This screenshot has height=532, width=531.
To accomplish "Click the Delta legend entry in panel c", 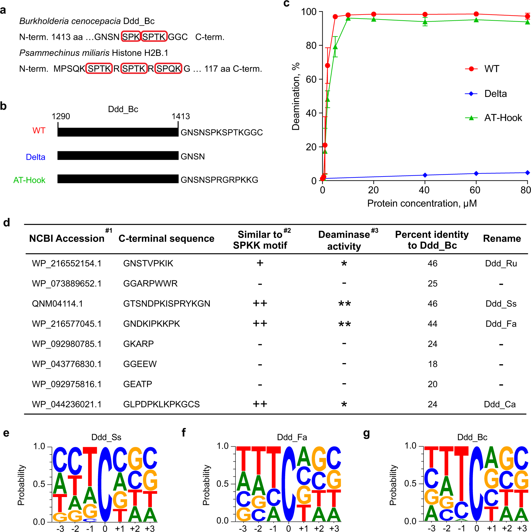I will (495, 94).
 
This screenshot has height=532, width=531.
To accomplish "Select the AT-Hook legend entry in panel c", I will (503, 118).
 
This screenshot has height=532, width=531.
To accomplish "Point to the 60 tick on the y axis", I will (311, 79).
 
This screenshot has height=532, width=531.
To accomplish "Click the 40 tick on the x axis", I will (424, 190).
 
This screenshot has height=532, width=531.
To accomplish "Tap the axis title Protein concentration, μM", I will (422, 203).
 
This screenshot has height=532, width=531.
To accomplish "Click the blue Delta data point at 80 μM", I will (527, 173).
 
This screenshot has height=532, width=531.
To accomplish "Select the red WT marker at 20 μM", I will (374, 14).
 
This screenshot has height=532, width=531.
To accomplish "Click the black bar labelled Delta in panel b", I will (118, 156).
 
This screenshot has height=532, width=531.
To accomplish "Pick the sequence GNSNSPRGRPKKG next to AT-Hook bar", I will (219, 180).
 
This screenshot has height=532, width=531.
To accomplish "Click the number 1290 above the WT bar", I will (61, 116).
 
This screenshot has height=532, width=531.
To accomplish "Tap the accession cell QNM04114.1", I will (57, 304).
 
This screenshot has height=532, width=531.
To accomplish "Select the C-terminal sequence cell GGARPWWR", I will (150, 283).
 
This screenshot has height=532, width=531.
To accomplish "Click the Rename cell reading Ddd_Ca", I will (500, 404).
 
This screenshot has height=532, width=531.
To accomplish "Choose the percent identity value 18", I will (432, 364).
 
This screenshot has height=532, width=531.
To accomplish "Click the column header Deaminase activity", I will (344, 240).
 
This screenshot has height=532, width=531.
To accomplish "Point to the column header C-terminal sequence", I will (166, 239).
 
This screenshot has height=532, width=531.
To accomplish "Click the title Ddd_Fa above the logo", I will (292, 437).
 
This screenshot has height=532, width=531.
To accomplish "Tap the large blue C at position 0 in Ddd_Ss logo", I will (105, 485).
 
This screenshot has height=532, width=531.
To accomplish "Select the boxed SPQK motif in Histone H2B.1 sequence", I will (169, 69).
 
